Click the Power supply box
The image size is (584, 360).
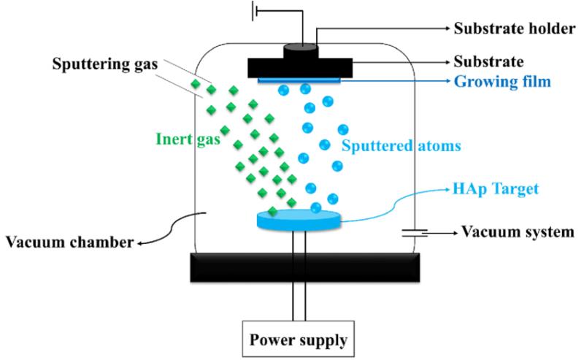(x=299, y=339)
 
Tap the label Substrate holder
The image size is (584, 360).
(x=515, y=28)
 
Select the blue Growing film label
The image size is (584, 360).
(x=502, y=82)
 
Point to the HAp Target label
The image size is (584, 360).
(x=496, y=188)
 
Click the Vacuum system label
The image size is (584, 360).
(x=518, y=231)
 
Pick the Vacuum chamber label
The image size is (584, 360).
(x=69, y=242)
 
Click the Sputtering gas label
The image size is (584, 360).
(x=105, y=64)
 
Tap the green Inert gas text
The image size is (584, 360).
(x=188, y=139)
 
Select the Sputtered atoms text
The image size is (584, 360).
(x=401, y=145)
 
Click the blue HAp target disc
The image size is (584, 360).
(x=299, y=220)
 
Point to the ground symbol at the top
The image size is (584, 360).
(x=255, y=11)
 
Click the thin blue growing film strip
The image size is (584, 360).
(x=299, y=80)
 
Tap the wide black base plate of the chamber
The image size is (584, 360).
(x=305, y=267)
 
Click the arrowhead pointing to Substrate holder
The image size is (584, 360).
(x=448, y=28)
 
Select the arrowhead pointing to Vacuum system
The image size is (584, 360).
(x=455, y=233)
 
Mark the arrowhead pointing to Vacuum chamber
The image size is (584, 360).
(x=140, y=244)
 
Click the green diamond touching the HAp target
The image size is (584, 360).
(x=272, y=211)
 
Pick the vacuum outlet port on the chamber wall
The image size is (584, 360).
(x=414, y=233)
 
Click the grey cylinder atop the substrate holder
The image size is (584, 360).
(x=300, y=51)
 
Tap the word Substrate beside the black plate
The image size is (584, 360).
(x=488, y=62)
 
